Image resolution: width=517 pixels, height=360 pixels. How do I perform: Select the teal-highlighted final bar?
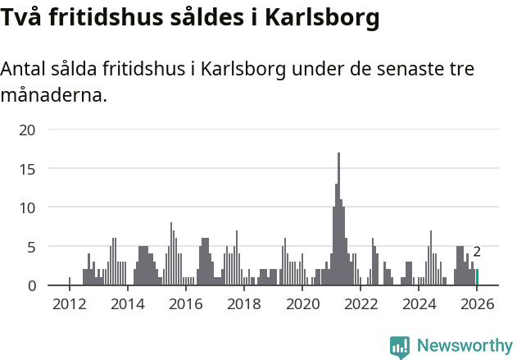(477, 277)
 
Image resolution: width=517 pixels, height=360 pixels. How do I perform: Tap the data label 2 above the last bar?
(477, 252)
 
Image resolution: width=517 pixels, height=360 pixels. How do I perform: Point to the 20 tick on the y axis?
(27, 130)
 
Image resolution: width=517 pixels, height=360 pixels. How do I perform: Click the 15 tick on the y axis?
(27, 169)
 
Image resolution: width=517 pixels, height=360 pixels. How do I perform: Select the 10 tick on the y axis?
(27, 207)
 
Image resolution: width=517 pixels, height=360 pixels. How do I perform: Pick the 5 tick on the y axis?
(31, 247)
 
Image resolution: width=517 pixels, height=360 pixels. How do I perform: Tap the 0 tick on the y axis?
(31, 285)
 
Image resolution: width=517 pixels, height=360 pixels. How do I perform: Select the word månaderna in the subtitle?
(54, 95)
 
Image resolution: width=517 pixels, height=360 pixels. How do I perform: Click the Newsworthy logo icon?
(400, 347)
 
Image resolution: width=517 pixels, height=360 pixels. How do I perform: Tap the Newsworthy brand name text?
(465, 346)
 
